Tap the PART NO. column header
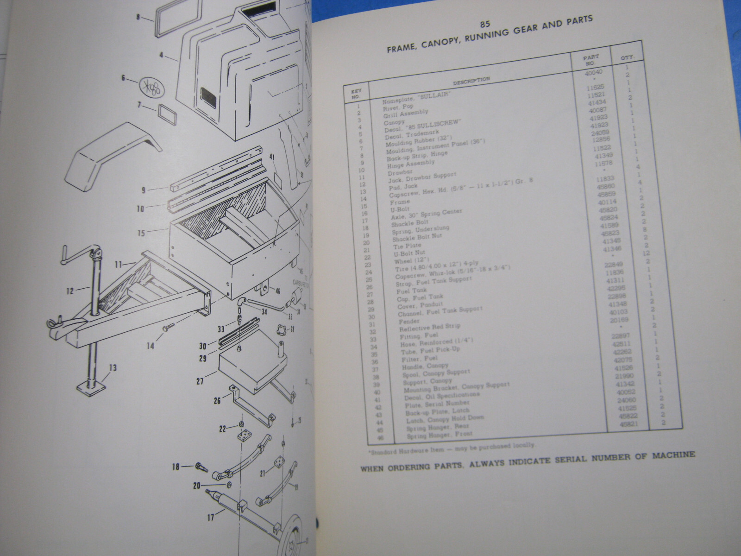coord(591,59)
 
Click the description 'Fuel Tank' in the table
coord(412,291)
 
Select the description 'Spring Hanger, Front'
coord(440,434)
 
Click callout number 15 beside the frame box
coord(141,233)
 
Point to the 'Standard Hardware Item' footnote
coord(449,447)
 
